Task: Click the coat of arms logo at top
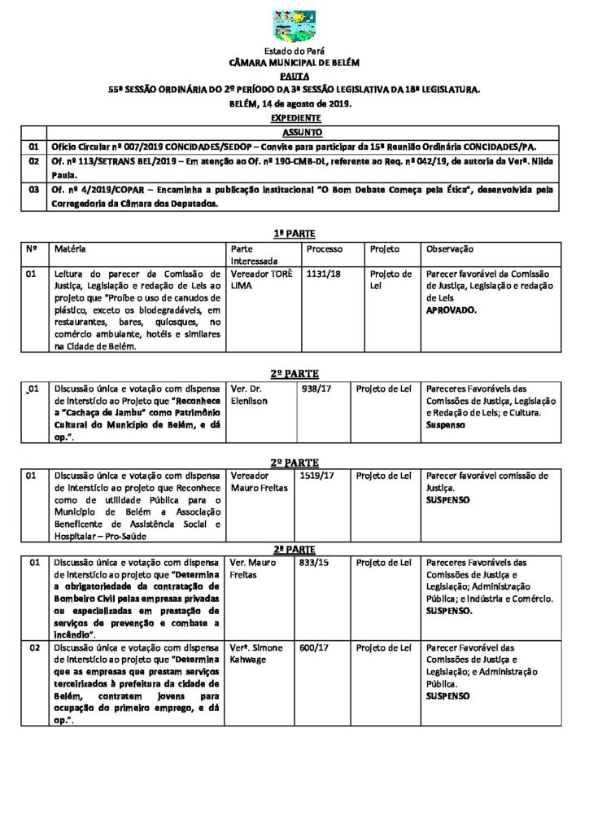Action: (294, 27)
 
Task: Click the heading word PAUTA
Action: (294, 74)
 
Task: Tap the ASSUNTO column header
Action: (302, 132)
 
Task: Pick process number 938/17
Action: (314, 389)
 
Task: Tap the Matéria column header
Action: (70, 248)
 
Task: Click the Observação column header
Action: (450, 248)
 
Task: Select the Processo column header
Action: (325, 248)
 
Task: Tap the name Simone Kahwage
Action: (259, 654)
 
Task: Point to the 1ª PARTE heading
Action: (294, 233)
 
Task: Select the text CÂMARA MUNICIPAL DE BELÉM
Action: (294, 63)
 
